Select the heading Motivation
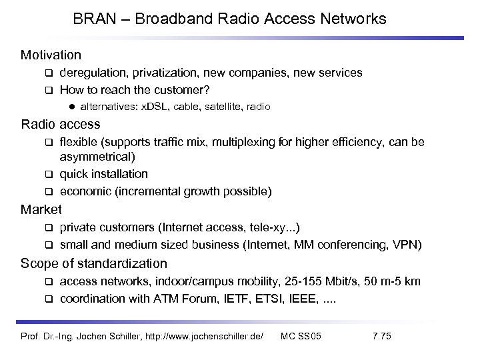click(51, 54)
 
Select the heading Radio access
click(61, 124)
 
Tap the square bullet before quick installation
click(48, 175)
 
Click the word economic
click(83, 191)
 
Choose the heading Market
click(41, 209)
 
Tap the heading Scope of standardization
click(94, 263)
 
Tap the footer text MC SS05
click(301, 335)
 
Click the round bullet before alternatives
click(70, 107)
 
